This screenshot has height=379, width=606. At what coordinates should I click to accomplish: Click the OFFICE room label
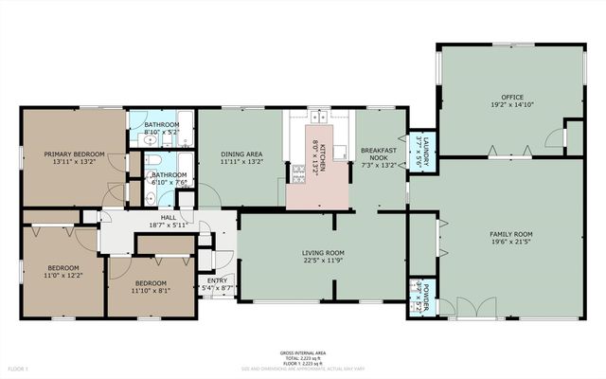pyautogui.click(x=512, y=97)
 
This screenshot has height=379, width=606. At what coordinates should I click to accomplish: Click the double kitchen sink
pyautogui.click(x=320, y=118)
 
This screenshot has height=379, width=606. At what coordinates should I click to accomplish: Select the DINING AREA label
pyautogui.click(x=242, y=153)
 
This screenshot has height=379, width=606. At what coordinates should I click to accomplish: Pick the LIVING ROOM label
pyautogui.click(x=322, y=253)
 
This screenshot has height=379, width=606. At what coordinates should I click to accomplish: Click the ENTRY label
pyautogui.click(x=217, y=281)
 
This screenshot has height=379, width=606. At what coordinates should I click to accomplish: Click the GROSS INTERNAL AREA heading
pyautogui.click(x=302, y=351)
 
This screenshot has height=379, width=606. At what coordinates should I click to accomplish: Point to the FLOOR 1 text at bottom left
pyautogui.click(x=19, y=368)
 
